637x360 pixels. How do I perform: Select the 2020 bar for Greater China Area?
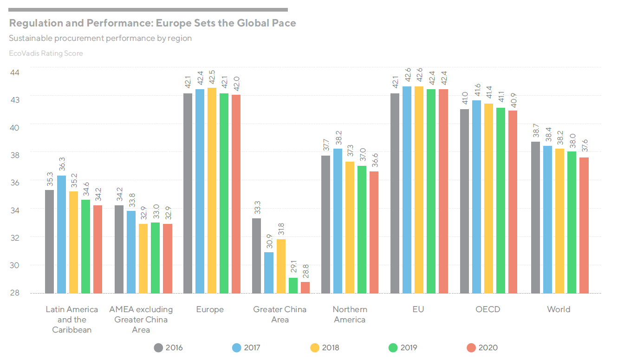pos(305,288)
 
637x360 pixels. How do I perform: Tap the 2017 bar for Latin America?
pos(61,234)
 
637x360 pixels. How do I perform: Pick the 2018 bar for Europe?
pos(212,190)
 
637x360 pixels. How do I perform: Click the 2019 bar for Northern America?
pos(362,229)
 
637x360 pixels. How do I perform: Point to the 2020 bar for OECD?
pos(513,202)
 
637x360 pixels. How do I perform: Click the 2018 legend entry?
pos(325,347)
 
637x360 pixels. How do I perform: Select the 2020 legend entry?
pos(482,347)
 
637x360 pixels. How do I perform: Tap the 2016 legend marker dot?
pos(159,347)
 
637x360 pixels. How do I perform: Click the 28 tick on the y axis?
pos(14,293)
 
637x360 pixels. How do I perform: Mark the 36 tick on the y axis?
pos(14,183)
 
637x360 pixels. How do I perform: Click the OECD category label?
pos(488,309)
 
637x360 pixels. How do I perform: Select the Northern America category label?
pos(350,314)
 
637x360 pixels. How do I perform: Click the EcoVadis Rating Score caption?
pos(46,53)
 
